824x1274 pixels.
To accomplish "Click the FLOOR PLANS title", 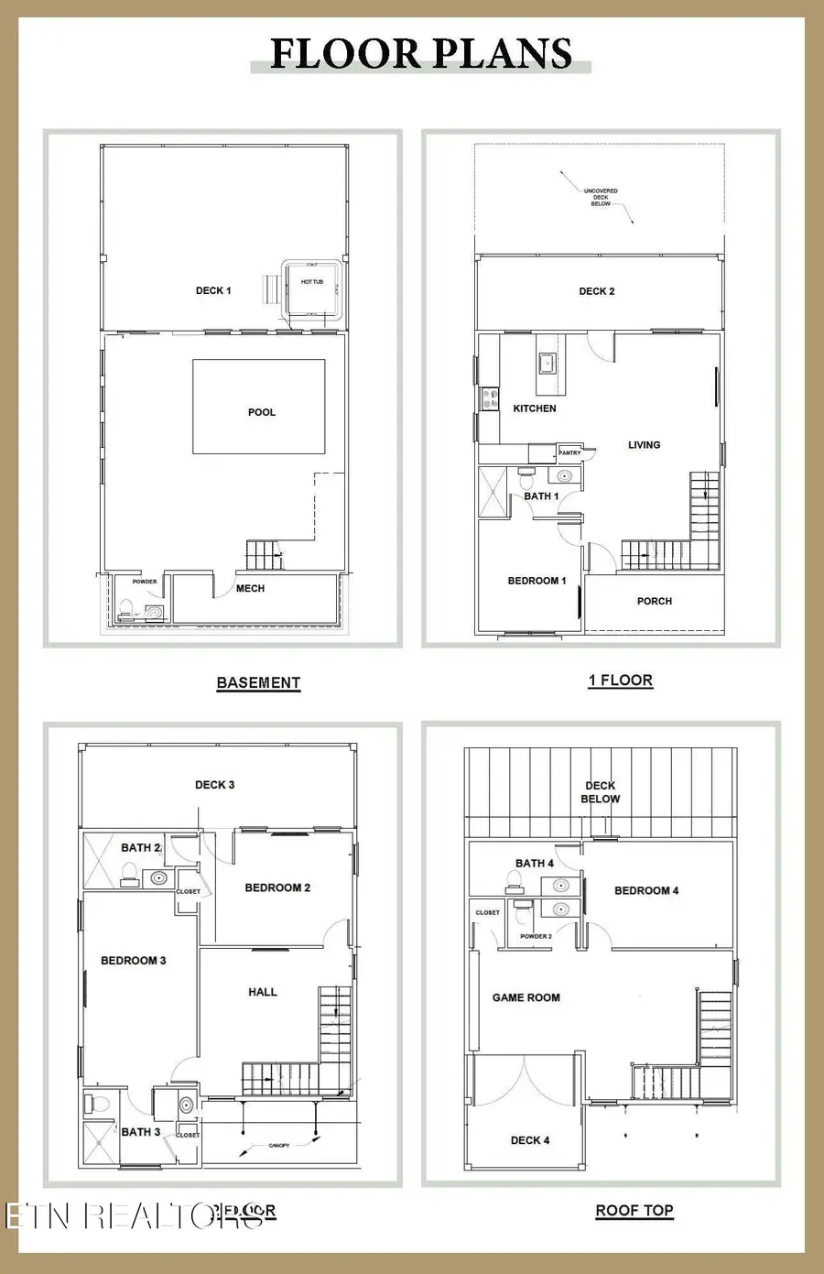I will pyautogui.click(x=421, y=54).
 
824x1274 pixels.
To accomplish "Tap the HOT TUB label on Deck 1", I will pyautogui.click(x=312, y=282).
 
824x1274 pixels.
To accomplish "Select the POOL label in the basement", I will pyautogui.click(x=262, y=412).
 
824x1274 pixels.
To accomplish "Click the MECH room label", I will pyautogui.click(x=250, y=588).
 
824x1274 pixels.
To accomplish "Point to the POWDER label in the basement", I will pyautogui.click(x=145, y=582).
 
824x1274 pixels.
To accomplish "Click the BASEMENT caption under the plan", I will pyautogui.click(x=258, y=682).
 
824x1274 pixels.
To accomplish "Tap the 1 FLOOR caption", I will pyautogui.click(x=620, y=681).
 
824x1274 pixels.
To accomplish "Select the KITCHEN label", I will pyautogui.click(x=535, y=408).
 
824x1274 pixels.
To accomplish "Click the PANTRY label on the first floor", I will pyautogui.click(x=569, y=452).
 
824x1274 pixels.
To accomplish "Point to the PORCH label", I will pyautogui.click(x=655, y=602).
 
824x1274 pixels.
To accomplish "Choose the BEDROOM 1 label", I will pyautogui.click(x=537, y=581).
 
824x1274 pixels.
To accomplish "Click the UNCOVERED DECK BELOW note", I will pyautogui.click(x=601, y=197).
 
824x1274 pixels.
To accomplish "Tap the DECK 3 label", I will pyautogui.click(x=215, y=785).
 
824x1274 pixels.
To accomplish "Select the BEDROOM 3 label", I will pyautogui.click(x=134, y=961).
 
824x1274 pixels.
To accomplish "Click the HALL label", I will pyautogui.click(x=263, y=992).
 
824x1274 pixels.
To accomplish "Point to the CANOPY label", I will pyautogui.click(x=279, y=1145).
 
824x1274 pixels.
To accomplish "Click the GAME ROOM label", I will pyautogui.click(x=526, y=997).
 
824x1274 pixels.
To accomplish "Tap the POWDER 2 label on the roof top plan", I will pyautogui.click(x=536, y=936).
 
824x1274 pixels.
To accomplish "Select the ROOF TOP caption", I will pyautogui.click(x=634, y=1210).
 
